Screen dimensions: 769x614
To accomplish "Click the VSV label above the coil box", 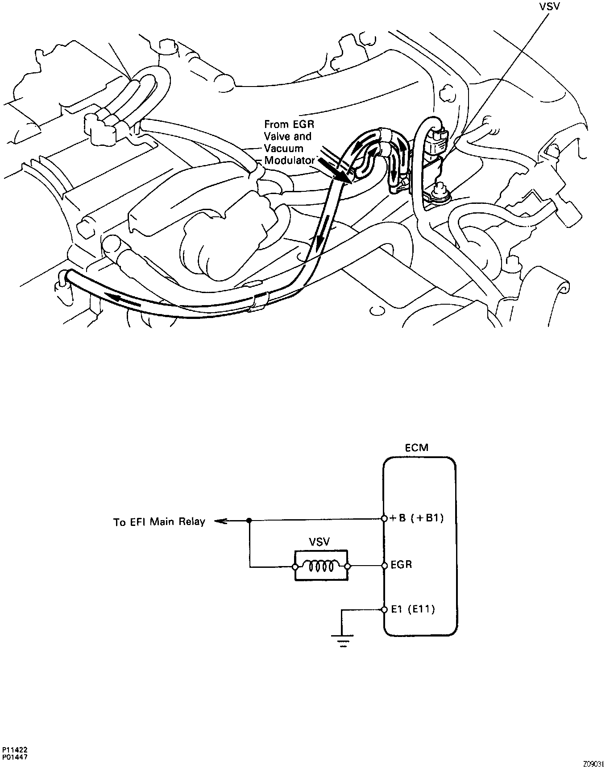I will [319, 542].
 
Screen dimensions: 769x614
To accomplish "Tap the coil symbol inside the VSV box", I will [321, 566].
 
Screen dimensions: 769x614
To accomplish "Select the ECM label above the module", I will [416, 447].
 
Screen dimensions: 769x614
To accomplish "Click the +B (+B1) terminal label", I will [417, 518].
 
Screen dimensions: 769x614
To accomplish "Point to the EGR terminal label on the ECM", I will [401, 565].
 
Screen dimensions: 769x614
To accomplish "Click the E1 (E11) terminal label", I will [413, 609].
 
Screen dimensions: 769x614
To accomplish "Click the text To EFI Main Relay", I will [159, 521].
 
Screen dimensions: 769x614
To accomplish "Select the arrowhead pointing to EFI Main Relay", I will [219, 521].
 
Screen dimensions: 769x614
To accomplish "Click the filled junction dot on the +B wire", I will [249, 521].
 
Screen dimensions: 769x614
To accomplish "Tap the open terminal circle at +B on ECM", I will [384, 519].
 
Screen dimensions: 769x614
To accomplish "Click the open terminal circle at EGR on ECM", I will [384, 566].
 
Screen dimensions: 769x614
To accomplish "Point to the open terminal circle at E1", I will [384, 610].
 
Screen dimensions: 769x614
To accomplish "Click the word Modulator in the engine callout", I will [290, 160].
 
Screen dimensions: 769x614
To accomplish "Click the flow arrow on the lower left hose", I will [124, 299].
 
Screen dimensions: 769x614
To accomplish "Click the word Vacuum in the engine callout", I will [284, 148].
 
